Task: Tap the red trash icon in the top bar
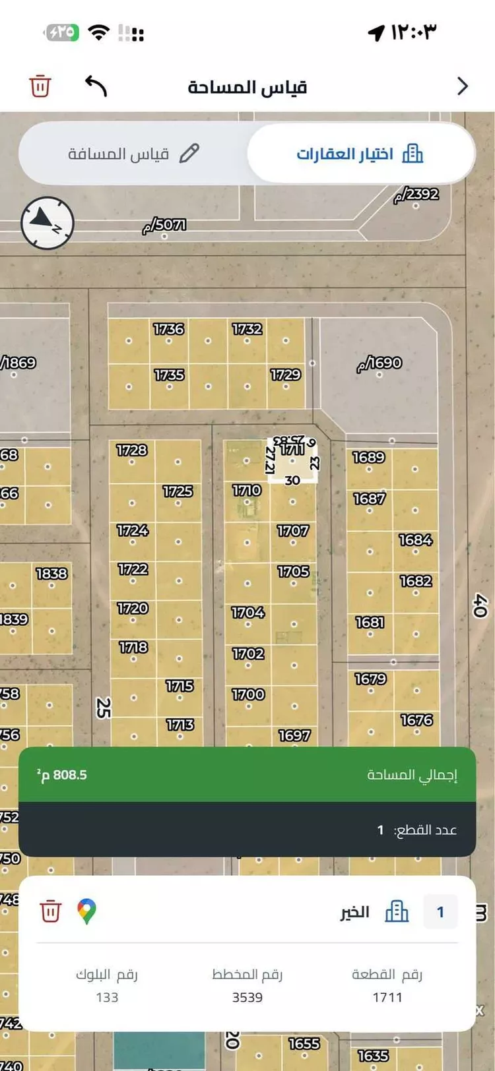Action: coord(40,86)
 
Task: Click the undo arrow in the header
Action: coord(96,86)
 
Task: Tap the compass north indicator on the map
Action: coord(47,223)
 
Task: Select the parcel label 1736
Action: coord(168,329)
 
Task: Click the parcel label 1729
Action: coord(285,375)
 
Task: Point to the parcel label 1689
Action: coord(368,457)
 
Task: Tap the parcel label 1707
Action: coord(292,531)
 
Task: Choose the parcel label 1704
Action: coord(247,613)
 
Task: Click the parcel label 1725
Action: coord(178,491)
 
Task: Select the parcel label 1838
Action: coord(51,574)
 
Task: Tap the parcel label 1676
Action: coord(416,720)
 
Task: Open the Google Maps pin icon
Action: coord(86,911)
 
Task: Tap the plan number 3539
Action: coord(247,997)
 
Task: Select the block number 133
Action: coord(107,997)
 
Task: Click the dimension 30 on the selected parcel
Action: coord(292,481)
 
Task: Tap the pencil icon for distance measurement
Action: coord(189,153)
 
